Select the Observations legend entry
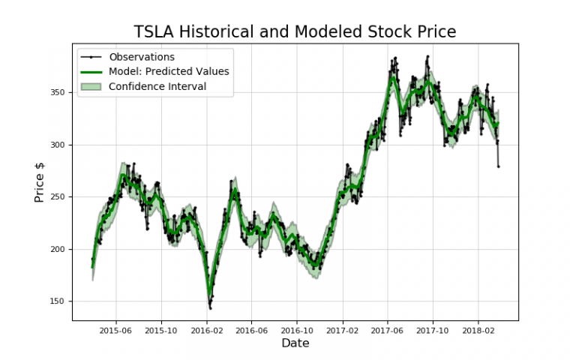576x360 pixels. tap(141, 57)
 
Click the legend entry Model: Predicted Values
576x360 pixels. tap(168, 72)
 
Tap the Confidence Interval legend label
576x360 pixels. tap(157, 86)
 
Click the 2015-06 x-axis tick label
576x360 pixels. tap(115, 329)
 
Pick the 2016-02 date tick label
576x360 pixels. tap(206, 329)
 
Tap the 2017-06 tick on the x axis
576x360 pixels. tap(387, 329)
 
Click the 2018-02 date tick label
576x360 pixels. tap(478, 329)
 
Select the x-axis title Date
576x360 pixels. tap(295, 343)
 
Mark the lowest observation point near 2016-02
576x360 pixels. tap(210, 307)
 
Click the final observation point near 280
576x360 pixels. tap(499, 166)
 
